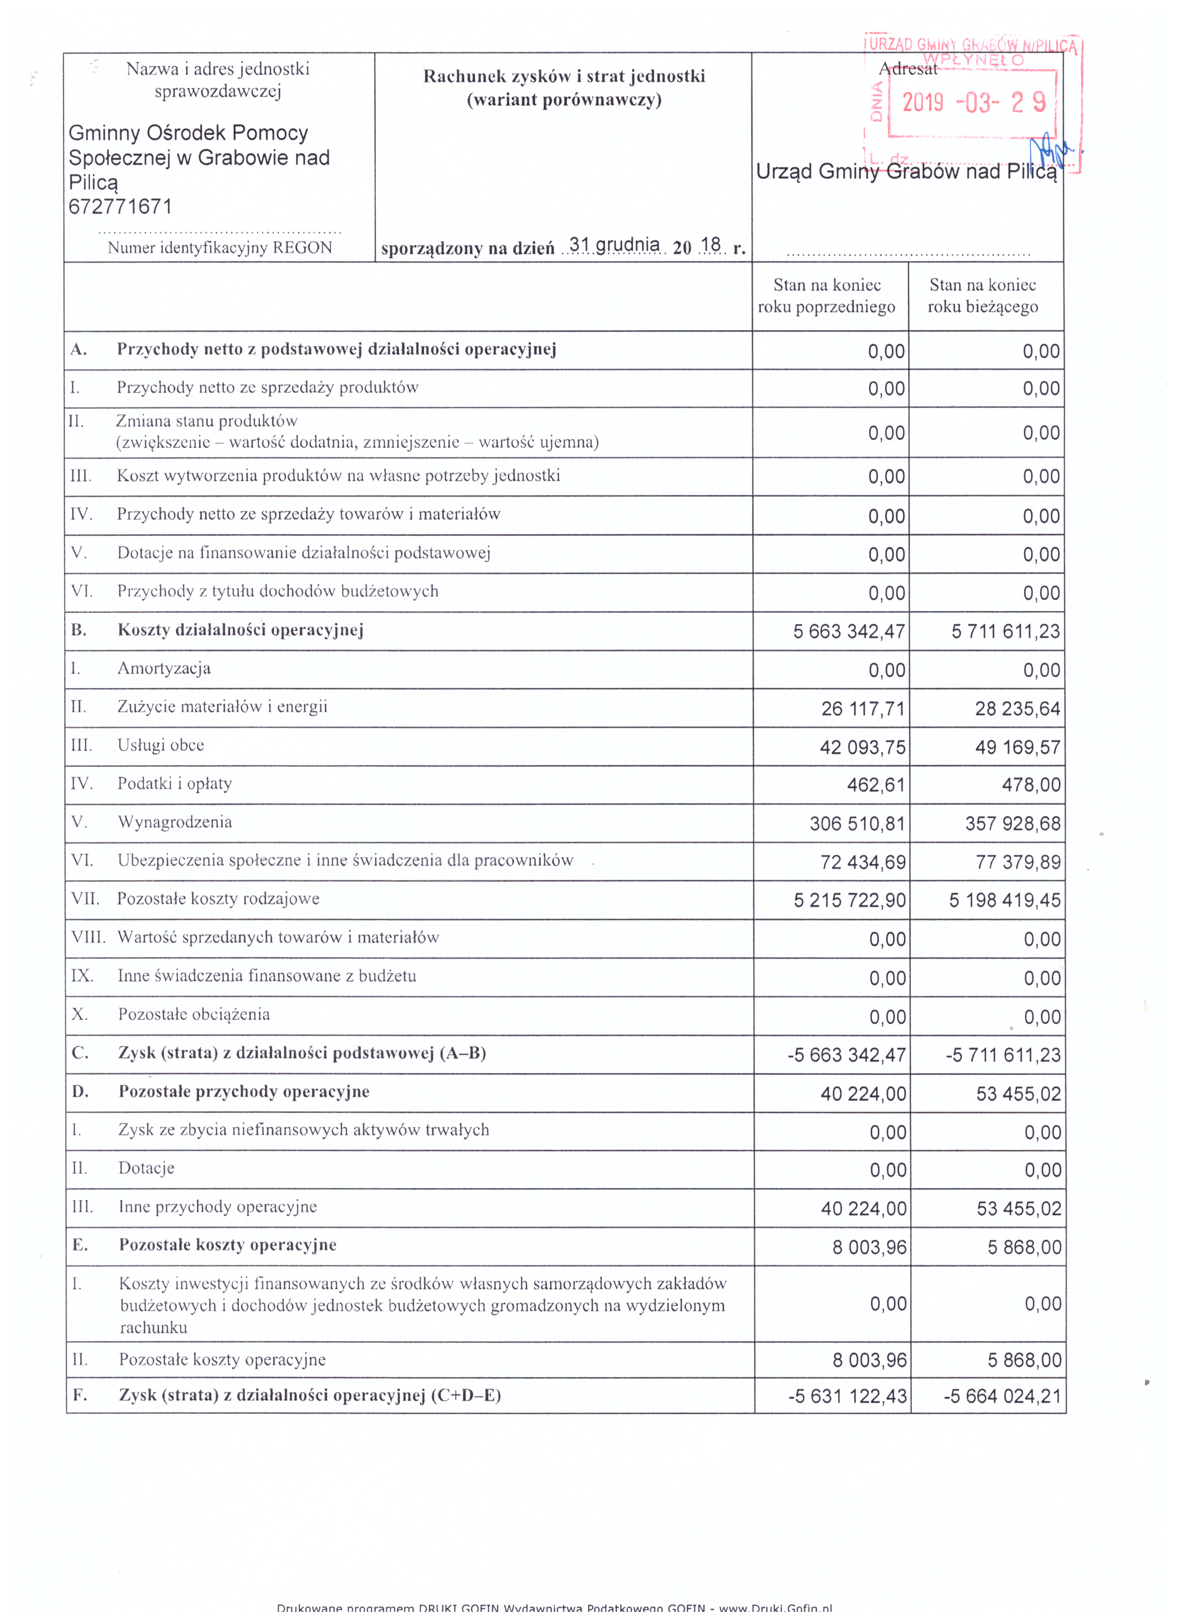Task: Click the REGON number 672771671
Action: pyautogui.click(x=120, y=207)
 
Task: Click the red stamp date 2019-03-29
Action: pyautogui.click(x=973, y=103)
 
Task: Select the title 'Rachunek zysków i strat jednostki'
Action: pyautogui.click(x=564, y=76)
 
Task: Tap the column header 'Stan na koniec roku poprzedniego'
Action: pyautogui.click(x=826, y=296)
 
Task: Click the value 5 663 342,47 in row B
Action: pyautogui.click(x=849, y=631)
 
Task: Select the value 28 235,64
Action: pyautogui.click(x=1016, y=709)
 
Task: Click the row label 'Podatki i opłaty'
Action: pyautogui.click(x=175, y=784)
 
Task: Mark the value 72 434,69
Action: pyautogui.click(x=863, y=862)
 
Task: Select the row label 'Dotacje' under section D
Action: pyautogui.click(x=147, y=1168)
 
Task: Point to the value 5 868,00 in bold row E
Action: pyautogui.click(x=1024, y=1247)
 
